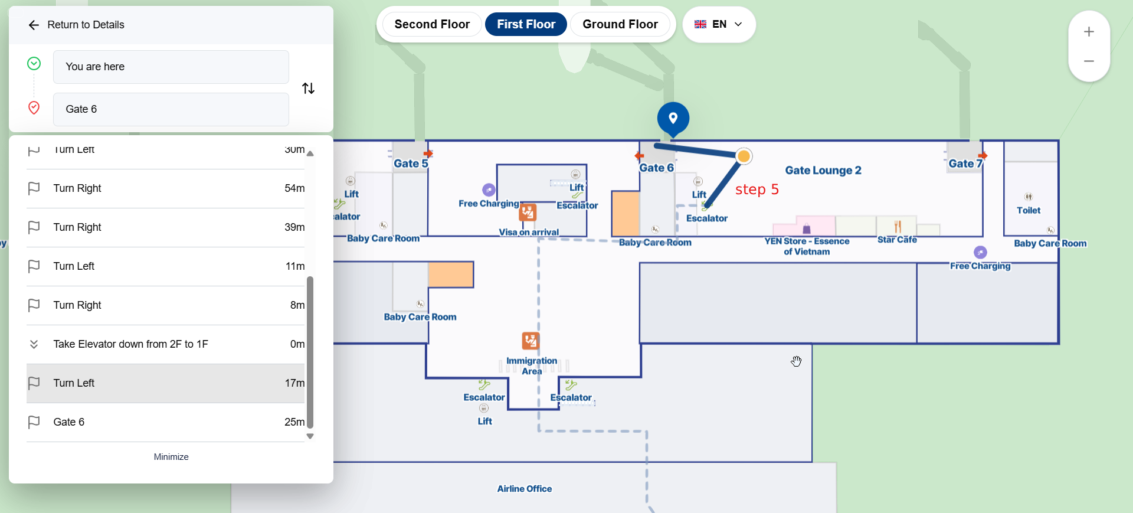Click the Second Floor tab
pos(432,24)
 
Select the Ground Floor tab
pos(620,24)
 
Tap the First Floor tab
pos(526,24)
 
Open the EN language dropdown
pos(718,24)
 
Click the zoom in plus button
pos(1089,32)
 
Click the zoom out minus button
pos(1089,61)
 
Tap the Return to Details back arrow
pos(34,25)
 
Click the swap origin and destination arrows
pos(308,89)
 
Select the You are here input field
pos(171,67)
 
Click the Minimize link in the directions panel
pos(171,457)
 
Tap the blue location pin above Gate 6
pos(673,118)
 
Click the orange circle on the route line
pos(744,156)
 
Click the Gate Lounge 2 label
pos(823,171)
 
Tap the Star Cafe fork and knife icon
pos(898,227)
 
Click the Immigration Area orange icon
pos(531,341)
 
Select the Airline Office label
pos(524,489)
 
